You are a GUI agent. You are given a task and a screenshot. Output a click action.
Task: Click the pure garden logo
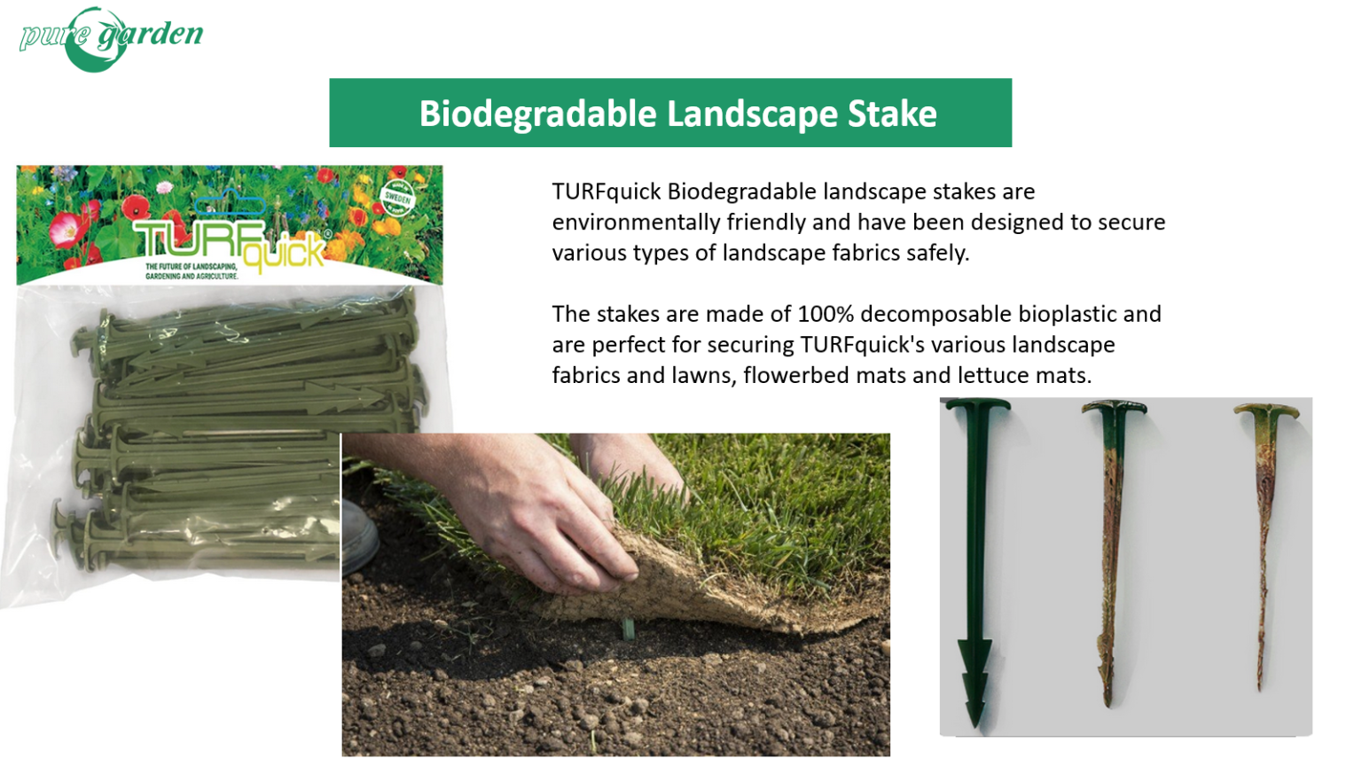click(111, 38)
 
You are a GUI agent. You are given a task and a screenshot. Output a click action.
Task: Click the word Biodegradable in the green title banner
click(538, 113)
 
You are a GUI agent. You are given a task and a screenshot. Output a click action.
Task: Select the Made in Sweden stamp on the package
click(397, 199)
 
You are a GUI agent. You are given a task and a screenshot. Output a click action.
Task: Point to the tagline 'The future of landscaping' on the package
click(191, 272)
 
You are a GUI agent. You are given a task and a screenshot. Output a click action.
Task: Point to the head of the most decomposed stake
click(1266, 413)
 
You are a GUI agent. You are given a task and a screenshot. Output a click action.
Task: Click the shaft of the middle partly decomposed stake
click(1110, 559)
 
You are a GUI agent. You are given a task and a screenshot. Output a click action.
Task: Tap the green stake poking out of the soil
click(628, 629)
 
